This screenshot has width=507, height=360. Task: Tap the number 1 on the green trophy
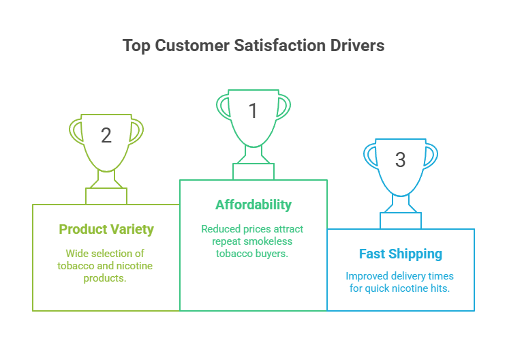click(253, 110)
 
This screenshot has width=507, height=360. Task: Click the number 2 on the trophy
click(106, 135)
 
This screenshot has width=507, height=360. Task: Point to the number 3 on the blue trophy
click(400, 160)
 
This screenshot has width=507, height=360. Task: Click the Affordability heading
click(253, 205)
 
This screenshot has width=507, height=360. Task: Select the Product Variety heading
click(106, 229)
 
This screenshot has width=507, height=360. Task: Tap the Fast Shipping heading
click(401, 254)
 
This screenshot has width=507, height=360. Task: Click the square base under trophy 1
click(253, 171)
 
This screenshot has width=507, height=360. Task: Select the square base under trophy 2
click(106, 196)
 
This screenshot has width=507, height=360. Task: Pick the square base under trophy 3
click(401, 220)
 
